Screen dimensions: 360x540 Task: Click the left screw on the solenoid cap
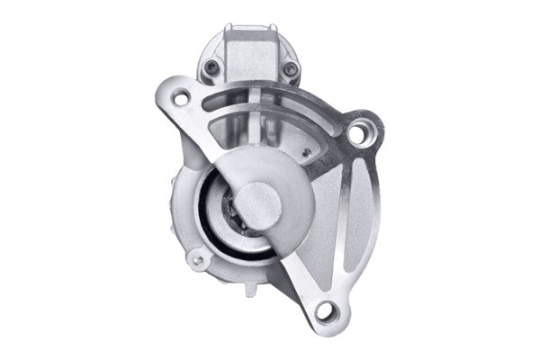[x=211, y=65]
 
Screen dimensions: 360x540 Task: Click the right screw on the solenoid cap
[x=289, y=67]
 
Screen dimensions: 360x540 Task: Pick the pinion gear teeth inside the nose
[x=232, y=209]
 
